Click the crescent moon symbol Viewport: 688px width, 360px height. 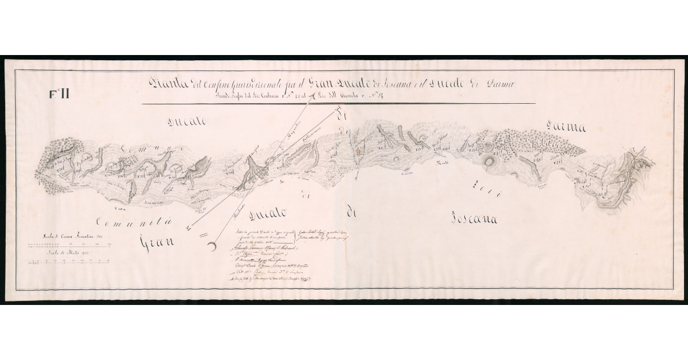pos(213,246)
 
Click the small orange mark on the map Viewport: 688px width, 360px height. pos(358,152)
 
